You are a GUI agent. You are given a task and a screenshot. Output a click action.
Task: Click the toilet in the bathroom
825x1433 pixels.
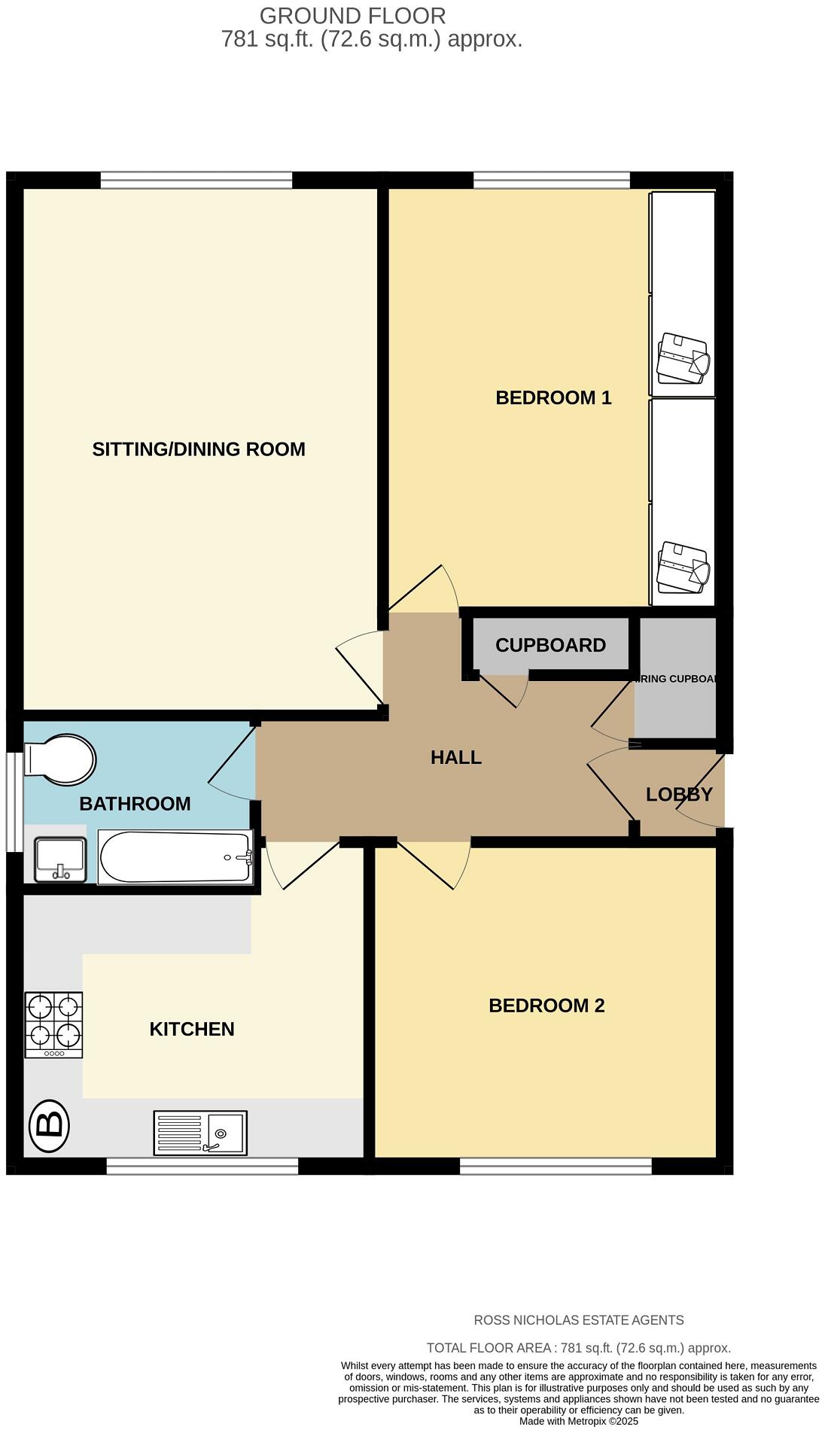coord(60,759)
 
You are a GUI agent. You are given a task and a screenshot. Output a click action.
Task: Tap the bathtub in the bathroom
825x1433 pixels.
coord(175,857)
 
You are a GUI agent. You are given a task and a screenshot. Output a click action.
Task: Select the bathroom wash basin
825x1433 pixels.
coord(61,859)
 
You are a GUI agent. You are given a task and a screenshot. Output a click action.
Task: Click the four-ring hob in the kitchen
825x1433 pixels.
coord(53,1024)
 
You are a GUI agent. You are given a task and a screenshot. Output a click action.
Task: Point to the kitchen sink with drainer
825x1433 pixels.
coord(200,1133)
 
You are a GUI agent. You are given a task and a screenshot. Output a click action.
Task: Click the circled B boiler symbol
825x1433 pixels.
coord(49,1125)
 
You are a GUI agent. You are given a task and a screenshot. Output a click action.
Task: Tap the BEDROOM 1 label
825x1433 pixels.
coord(553,397)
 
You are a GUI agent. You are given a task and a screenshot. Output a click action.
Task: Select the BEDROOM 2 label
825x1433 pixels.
coord(546,1006)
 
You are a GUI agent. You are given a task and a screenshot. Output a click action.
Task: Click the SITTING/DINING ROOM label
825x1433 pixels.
coord(199,449)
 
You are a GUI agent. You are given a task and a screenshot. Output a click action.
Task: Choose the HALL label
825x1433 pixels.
coord(456,757)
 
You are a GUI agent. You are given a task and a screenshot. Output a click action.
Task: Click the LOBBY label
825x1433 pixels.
coord(679,794)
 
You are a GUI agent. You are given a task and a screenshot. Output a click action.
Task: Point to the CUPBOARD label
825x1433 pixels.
coord(550,645)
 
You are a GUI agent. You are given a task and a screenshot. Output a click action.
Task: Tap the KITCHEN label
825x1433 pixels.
coord(192,1029)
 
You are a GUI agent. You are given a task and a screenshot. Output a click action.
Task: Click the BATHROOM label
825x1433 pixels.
coord(135,804)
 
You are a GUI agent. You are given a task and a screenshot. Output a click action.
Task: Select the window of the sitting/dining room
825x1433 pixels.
coord(196,180)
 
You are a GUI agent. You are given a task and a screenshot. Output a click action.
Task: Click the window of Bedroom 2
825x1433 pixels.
coord(556,1166)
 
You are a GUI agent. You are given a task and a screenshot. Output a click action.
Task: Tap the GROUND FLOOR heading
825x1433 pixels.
coord(352,16)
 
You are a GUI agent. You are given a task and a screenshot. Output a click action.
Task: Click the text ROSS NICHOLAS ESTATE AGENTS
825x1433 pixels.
coord(578,1320)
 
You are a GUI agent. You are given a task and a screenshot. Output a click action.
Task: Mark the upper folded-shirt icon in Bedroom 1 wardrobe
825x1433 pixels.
coord(683,358)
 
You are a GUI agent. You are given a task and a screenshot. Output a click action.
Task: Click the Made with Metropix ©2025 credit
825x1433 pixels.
coord(578,1422)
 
